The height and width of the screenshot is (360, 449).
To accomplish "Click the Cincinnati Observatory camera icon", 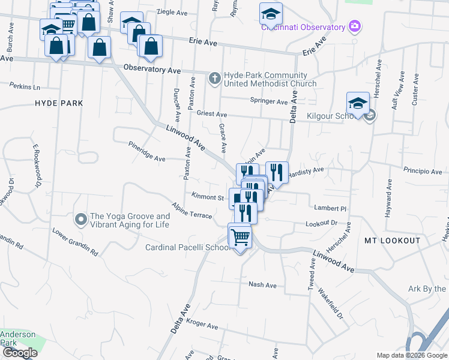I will pos(355,26).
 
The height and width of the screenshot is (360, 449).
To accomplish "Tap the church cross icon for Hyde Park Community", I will pos(215,78).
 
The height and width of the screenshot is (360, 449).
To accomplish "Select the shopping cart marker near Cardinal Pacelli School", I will pos(240,236).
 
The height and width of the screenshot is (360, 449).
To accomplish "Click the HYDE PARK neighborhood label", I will pos(59,103).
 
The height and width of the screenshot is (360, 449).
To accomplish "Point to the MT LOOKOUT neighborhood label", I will pos(393,241).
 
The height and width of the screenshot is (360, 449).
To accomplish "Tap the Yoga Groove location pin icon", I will pos(80,220).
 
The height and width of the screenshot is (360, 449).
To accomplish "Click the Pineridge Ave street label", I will pos(147,152).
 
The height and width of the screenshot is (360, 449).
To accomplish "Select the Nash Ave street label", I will pos(262,285).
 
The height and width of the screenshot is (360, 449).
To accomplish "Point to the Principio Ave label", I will pos(423,171).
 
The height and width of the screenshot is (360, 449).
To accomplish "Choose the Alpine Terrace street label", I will pos(191,211).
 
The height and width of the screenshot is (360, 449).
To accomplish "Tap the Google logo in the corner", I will pos(19,353).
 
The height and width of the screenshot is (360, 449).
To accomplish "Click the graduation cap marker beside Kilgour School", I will pos(358,103).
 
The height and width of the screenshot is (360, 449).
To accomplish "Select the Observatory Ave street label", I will pos(152,70).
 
